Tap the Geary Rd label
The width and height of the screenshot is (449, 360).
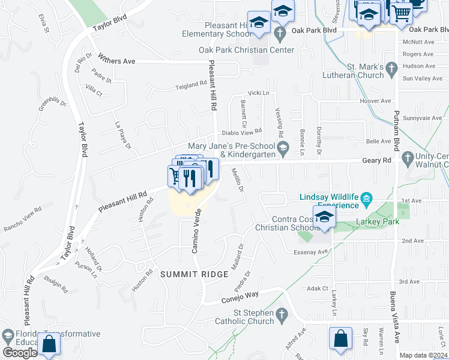pos(376,160)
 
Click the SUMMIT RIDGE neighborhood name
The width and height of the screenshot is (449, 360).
pos(194,274)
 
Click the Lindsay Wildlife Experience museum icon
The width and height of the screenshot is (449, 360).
pos(368,197)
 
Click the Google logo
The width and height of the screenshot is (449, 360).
pos(20,353)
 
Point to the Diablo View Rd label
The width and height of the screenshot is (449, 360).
pos(242,131)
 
